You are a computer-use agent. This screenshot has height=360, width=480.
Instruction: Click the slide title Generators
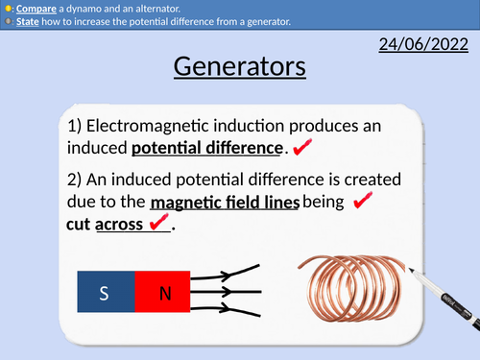pos(240,67)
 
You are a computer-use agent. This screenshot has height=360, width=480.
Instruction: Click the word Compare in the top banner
pos(34,7)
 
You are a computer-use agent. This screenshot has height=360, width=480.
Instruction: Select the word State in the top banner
pos(27,21)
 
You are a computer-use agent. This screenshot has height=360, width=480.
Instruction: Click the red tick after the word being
pos(363,202)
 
